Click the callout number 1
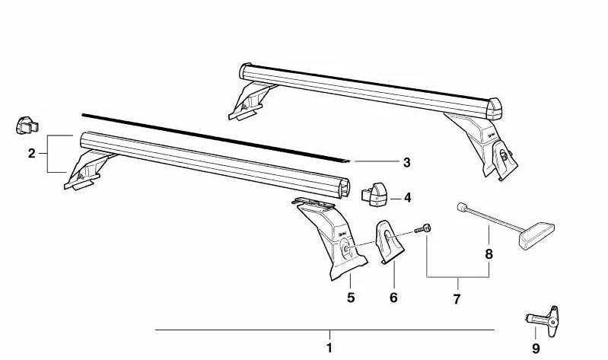329,348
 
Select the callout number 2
32,154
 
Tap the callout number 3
406,163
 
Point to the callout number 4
407,198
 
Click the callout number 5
351,298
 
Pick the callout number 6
393,298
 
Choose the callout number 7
457,299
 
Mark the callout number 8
489,254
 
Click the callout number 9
536,349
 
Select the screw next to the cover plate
423,229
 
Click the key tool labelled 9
543,318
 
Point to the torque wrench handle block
536,235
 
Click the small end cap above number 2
27,125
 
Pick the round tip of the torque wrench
461,207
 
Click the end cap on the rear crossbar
495,109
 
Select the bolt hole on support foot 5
346,250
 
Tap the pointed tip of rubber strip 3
350,161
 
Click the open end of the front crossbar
344,189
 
